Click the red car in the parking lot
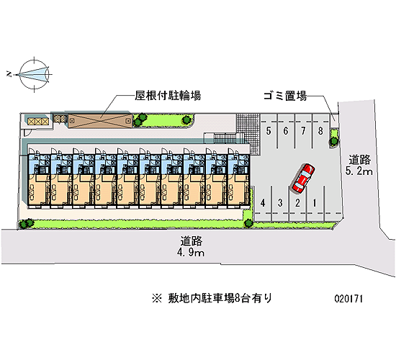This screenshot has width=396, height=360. click(x=303, y=179)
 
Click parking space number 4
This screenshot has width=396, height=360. click(x=263, y=202)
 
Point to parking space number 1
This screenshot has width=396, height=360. click(x=315, y=202)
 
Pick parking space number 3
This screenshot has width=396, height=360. click(x=280, y=202)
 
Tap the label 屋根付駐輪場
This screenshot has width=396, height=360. click(x=168, y=96)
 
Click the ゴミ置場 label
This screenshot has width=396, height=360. click(x=285, y=96)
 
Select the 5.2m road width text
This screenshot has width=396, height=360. click(x=359, y=171)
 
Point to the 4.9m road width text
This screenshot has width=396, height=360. click(x=191, y=253)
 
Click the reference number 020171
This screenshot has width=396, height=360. click(x=348, y=299)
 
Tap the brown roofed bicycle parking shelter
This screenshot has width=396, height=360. click(x=100, y=121)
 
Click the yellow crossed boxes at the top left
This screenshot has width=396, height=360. click(x=38, y=122)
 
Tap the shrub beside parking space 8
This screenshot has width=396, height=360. click(x=334, y=138)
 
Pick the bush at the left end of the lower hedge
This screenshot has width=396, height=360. click(x=26, y=223)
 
